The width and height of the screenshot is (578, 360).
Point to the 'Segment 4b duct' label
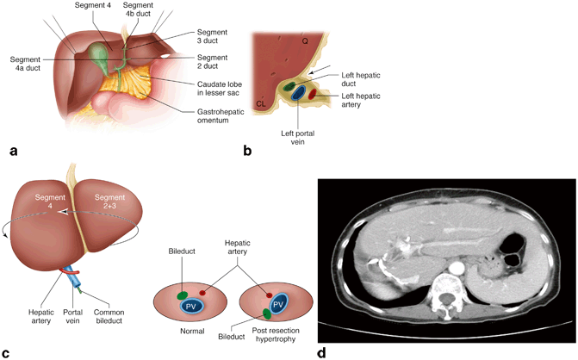[x=139, y=11]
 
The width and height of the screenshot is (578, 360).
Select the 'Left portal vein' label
[x=295, y=139]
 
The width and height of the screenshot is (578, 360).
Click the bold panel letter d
[x=322, y=351]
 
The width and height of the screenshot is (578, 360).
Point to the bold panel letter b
[x=248, y=152]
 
